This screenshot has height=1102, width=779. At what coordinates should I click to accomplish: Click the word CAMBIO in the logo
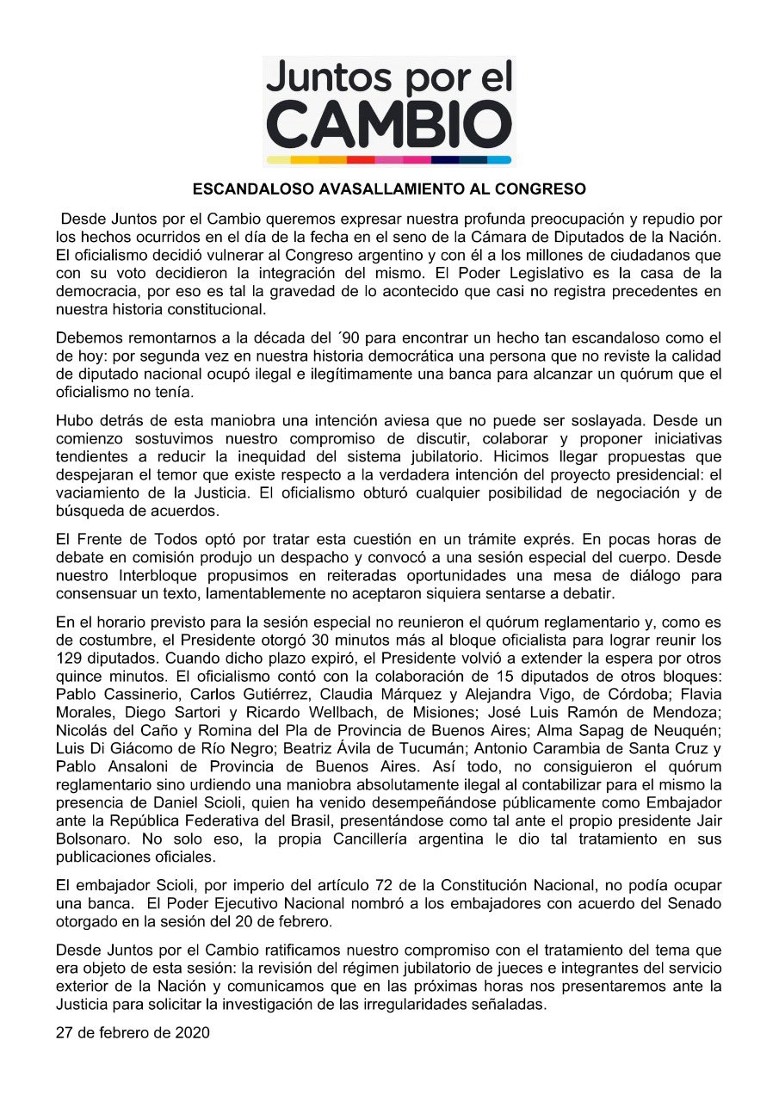point(389,127)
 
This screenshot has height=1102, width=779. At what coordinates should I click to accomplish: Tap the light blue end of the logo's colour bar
point(500,160)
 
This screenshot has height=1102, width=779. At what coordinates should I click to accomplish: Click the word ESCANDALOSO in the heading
point(250,189)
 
